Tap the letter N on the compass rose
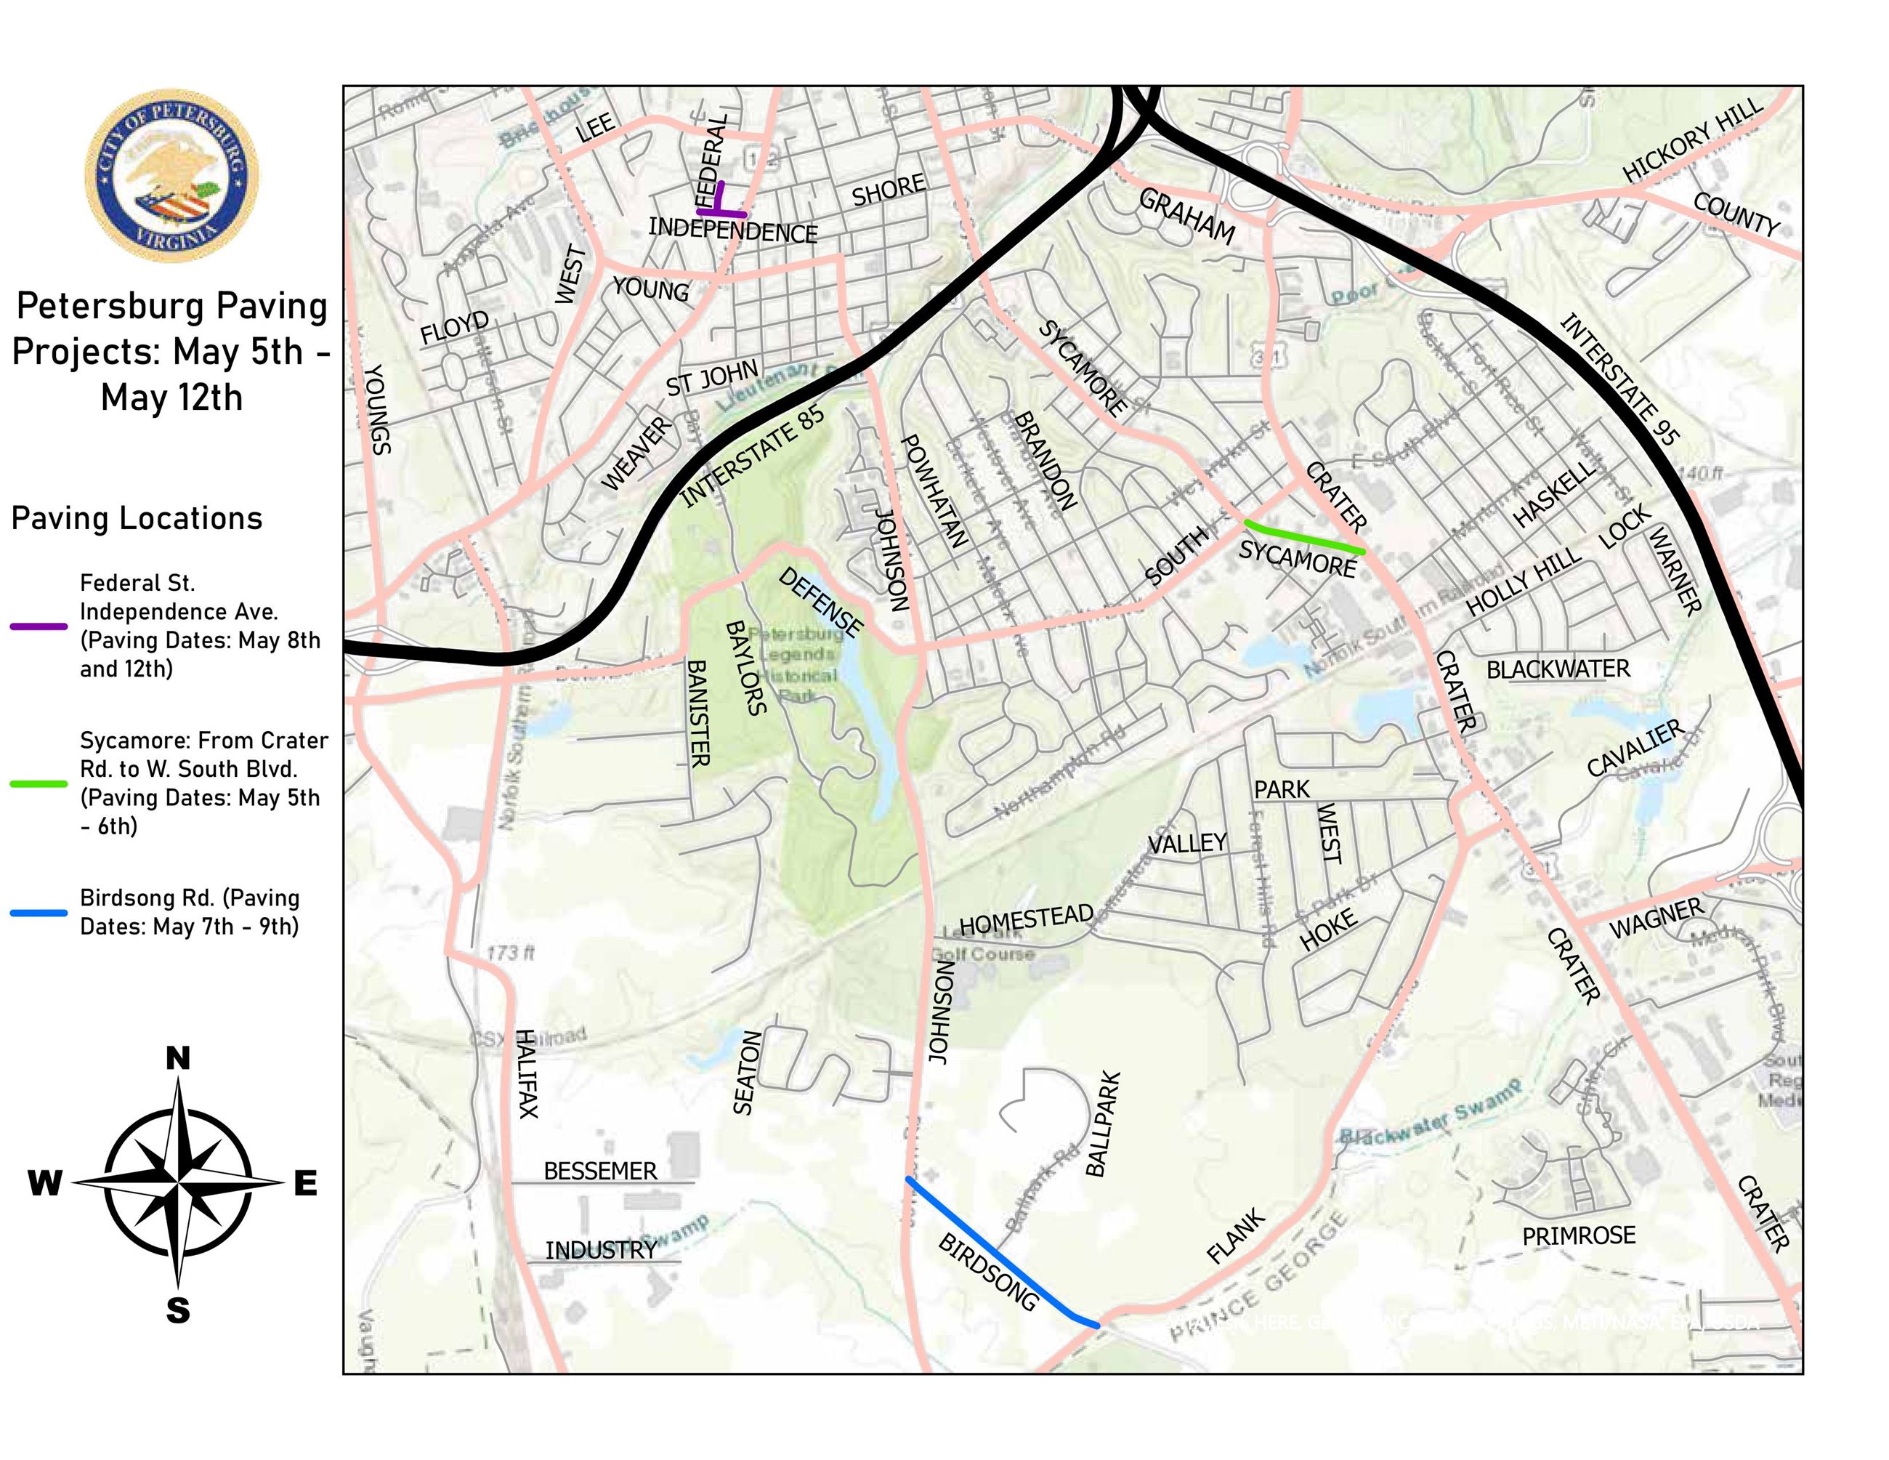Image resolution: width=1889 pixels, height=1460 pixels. [177, 1058]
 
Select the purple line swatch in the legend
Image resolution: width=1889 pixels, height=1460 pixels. [39, 625]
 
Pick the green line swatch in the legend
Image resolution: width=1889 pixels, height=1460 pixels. [39, 783]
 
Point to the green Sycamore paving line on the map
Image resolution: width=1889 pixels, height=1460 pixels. [1303, 538]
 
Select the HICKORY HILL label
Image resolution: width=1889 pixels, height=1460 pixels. [1692, 140]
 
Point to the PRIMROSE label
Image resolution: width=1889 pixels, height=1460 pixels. [1579, 1235]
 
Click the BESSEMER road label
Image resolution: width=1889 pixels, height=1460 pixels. [600, 1171]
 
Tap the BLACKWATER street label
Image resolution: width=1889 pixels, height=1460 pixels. [1558, 669]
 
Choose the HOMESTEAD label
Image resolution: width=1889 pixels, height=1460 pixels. [1026, 919]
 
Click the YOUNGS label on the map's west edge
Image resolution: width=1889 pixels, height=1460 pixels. [378, 408]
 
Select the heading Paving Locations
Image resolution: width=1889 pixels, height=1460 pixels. [137, 518]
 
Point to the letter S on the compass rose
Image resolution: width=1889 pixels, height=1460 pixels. [177, 1311]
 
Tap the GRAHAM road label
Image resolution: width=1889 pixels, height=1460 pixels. [1186, 217]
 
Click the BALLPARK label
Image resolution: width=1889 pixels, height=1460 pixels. [1103, 1124]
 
